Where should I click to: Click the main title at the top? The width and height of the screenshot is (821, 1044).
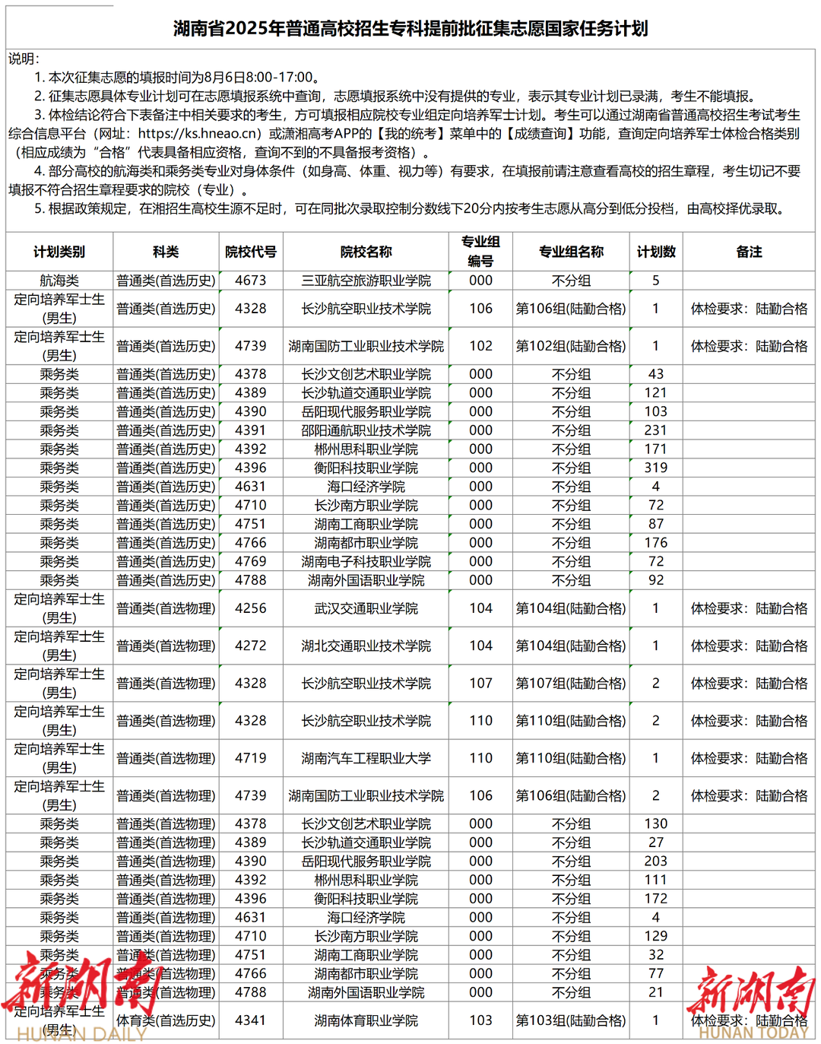[410, 29]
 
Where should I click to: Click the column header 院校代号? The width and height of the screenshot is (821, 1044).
[251, 252]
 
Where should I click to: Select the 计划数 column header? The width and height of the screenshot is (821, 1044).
[656, 252]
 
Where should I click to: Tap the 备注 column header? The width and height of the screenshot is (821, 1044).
[749, 252]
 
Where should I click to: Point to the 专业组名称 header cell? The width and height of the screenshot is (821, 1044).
[571, 252]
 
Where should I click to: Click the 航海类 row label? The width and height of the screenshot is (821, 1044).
[59, 281]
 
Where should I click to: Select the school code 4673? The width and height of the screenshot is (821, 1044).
[251, 281]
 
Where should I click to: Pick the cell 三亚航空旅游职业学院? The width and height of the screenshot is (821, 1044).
[366, 281]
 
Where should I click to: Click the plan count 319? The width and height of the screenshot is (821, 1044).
[656, 468]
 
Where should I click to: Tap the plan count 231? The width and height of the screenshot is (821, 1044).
[656, 430]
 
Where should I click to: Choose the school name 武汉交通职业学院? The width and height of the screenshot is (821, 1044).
[366, 608]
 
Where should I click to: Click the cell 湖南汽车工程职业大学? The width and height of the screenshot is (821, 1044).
[366, 758]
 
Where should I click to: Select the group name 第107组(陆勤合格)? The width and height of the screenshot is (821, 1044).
[571, 684]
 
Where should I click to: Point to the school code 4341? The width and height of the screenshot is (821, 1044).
[251, 1020]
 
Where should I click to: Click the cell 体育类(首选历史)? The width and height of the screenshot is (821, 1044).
[166, 1020]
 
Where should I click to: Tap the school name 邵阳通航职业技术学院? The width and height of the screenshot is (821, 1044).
[366, 430]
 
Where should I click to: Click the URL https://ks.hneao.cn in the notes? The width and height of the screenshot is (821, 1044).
[200, 134]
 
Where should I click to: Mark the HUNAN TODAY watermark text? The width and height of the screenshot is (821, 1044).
[753, 1033]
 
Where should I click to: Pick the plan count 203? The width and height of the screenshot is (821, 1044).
[656, 862]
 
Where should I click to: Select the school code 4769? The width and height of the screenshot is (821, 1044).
[251, 561]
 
